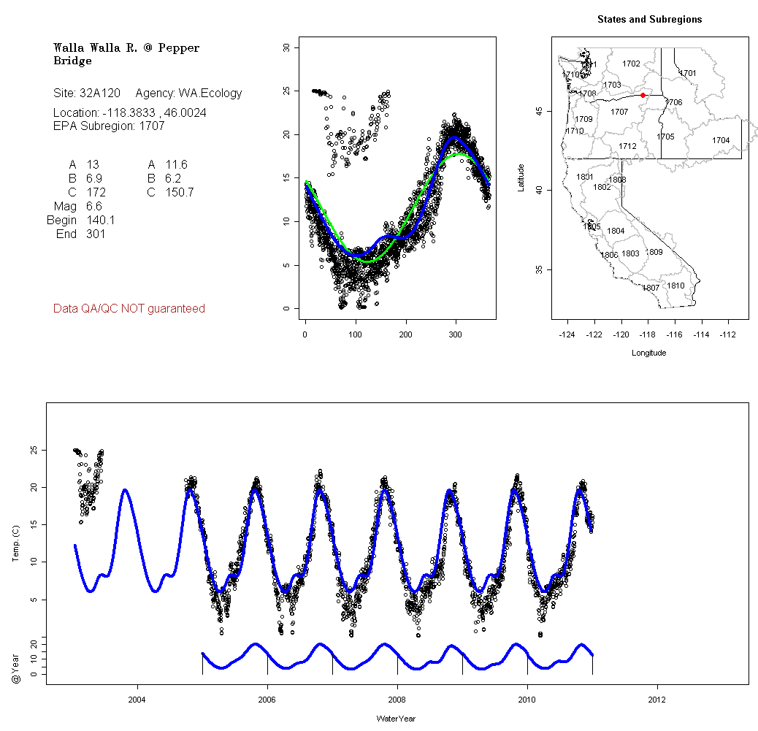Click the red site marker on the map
tap(643, 95)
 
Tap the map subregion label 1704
tap(721, 140)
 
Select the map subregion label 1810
tap(676, 286)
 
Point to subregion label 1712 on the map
tap(627, 146)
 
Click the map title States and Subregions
tap(649, 20)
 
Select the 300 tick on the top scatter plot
tap(456, 334)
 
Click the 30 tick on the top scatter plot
tap(286, 47)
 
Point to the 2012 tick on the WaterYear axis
tap(658, 700)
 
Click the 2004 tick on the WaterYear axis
tap(137, 700)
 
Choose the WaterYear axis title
tap(397, 719)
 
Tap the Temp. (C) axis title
tap(16, 546)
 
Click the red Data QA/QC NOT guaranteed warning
tap(129, 309)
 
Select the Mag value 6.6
tap(93, 207)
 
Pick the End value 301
tap(96, 234)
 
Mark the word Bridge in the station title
tap(72, 61)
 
